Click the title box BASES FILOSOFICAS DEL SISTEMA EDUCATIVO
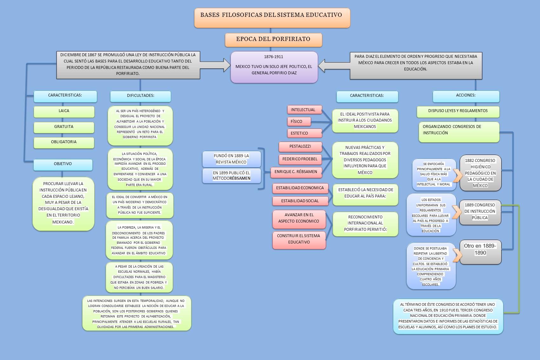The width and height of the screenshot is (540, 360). pyautogui.click(x=272, y=18)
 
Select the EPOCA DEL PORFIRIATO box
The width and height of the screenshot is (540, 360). pyautogui.click(x=273, y=40)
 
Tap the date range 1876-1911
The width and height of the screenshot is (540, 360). pyautogui.click(x=274, y=57)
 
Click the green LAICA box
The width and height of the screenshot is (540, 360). pyautogui.click(x=64, y=111)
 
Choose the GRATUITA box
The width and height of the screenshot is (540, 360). pyautogui.click(x=64, y=127)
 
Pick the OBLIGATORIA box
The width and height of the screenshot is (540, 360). pyautogui.click(x=64, y=142)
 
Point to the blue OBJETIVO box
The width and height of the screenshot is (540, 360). pyautogui.click(x=63, y=164)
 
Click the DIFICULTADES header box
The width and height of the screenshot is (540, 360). pyautogui.click(x=140, y=96)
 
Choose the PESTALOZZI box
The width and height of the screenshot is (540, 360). pyautogui.click(x=300, y=147)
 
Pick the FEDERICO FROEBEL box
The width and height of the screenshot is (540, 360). pyautogui.click(x=300, y=159)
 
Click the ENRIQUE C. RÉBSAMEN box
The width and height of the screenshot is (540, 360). pyautogui.click(x=296, y=172)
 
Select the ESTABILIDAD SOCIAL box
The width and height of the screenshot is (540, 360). pyautogui.click(x=300, y=201)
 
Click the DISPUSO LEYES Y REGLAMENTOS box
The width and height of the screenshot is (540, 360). pyautogui.click(x=458, y=111)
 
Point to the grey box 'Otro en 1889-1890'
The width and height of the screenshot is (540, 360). pyautogui.click(x=480, y=252)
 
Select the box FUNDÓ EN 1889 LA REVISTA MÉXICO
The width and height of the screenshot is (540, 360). pyautogui.click(x=231, y=159)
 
